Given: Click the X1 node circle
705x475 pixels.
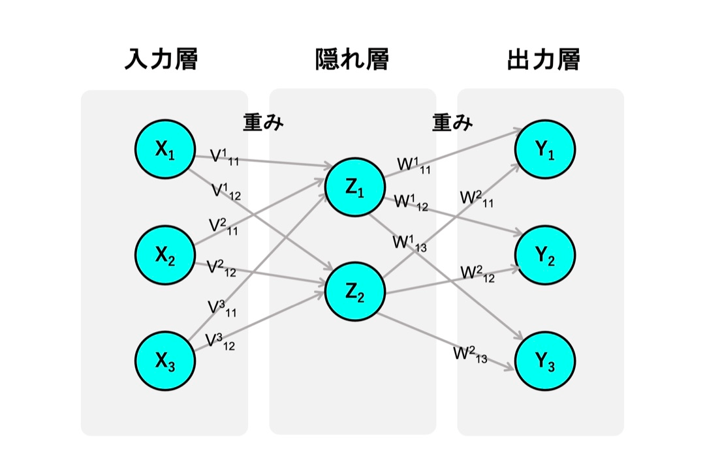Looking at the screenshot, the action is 165,149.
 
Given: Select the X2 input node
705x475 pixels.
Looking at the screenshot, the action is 165,255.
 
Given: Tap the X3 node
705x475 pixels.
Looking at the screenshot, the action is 165,360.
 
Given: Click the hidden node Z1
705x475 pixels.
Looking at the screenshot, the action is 354,187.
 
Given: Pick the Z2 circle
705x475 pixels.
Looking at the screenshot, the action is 354,292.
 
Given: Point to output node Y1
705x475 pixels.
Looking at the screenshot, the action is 545,149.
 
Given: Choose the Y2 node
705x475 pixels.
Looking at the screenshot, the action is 545,255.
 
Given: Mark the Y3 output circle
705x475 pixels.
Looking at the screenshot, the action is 545,360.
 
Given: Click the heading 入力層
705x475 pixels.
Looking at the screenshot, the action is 161,59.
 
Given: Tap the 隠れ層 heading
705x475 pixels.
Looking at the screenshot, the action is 352,59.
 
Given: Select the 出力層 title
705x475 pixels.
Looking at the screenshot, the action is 544,59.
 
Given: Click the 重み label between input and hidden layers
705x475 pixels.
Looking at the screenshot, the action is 264,122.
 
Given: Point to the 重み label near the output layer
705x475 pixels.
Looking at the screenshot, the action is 452,122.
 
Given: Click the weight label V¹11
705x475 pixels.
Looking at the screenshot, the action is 225,157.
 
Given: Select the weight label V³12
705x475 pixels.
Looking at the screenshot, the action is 220,341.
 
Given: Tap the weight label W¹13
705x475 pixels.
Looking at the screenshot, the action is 409,243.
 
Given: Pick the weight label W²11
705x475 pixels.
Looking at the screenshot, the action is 477,198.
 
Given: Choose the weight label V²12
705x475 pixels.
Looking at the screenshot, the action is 221,268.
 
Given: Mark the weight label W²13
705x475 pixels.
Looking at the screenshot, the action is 470,354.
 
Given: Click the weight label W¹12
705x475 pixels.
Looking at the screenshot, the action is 411,202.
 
